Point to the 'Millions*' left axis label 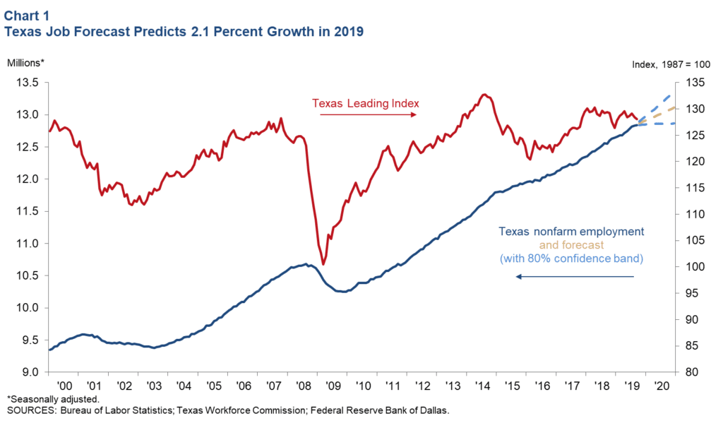pos(25,62)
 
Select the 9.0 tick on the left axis pos(30,372)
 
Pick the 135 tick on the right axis pos(695,83)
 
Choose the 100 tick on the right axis pos(695,267)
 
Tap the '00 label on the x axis pos(65,386)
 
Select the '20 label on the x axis pos(662,386)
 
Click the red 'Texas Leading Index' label pos(366,104)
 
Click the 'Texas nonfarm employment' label pos(570,232)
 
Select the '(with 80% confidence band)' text pos(571,258)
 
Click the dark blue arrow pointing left pos(575,277)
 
